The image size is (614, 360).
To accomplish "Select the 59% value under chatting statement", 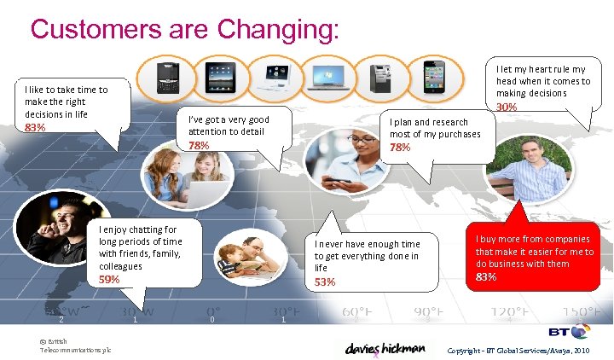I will coord(109,279).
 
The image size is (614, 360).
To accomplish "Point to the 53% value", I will coord(325,282).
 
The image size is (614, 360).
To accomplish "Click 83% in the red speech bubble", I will coord(486,277).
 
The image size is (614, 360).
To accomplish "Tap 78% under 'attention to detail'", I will coord(199,145).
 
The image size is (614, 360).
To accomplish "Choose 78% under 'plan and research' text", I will coord(400,148).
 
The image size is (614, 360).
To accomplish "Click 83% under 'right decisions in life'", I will coord(35,127).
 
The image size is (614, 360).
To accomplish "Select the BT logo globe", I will coord(582,331).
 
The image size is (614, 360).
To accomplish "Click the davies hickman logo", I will coord(384,348).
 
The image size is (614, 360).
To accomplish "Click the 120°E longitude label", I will coord(508,312).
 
